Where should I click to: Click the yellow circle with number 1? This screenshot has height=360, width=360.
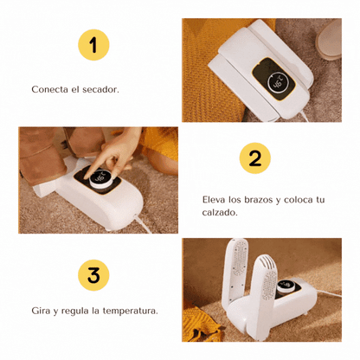pos(93,45)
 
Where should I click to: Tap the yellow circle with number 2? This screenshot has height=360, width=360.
pos(255,158)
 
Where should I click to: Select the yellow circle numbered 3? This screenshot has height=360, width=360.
pos(93,275)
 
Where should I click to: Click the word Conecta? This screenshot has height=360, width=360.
pos(49,89)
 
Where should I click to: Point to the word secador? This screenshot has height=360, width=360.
pos(100,89)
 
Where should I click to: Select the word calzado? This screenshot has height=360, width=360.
pos(220,213)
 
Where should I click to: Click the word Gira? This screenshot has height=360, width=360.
pos(41,311)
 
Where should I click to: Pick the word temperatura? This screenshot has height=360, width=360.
pos(131,311)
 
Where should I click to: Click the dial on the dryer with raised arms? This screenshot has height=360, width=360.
pos(286,286)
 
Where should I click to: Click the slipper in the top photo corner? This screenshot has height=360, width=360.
pos(329,39)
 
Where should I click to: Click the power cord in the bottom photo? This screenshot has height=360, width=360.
pos(330,293)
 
